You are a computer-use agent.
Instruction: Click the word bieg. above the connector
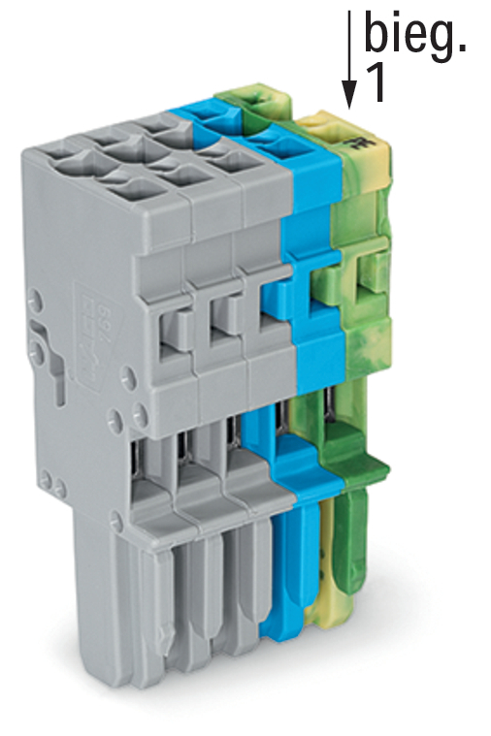click(415, 34)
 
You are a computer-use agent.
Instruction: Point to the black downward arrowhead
click(348, 94)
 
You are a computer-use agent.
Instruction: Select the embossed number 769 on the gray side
click(104, 313)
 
